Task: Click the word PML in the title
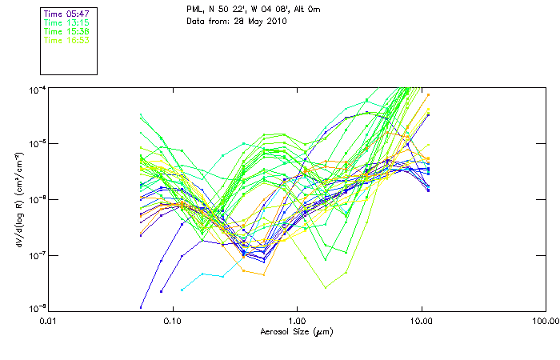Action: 194,10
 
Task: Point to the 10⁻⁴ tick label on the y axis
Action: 37,88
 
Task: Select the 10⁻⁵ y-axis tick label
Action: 37,143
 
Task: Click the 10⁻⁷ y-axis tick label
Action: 37,254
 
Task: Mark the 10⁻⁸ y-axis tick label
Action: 37,309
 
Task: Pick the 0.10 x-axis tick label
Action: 174,321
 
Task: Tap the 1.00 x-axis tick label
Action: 298,321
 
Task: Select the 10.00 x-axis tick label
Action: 422,321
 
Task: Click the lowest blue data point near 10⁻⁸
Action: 141,307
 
